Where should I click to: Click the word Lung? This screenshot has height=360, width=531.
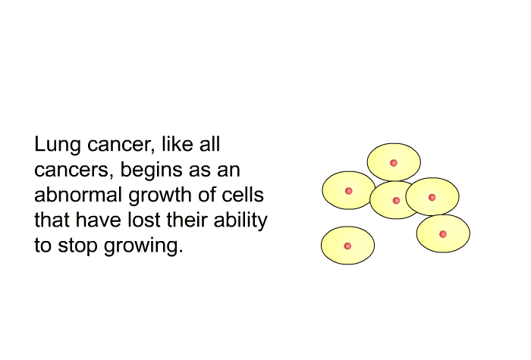58,145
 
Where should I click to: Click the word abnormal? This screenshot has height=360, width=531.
78,195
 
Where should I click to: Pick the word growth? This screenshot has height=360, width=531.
161,196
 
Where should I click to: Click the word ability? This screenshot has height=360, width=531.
240,221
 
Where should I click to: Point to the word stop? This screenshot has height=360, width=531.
77,246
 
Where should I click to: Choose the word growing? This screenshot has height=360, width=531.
143,246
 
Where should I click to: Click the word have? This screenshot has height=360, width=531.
98,220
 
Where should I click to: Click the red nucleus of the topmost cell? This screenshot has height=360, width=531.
394,163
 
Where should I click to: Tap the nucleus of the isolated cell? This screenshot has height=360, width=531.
347,246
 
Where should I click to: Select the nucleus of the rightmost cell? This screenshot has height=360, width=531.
442,234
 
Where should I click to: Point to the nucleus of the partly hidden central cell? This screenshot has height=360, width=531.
396,201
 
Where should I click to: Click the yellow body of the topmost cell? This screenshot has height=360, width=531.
394,154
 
